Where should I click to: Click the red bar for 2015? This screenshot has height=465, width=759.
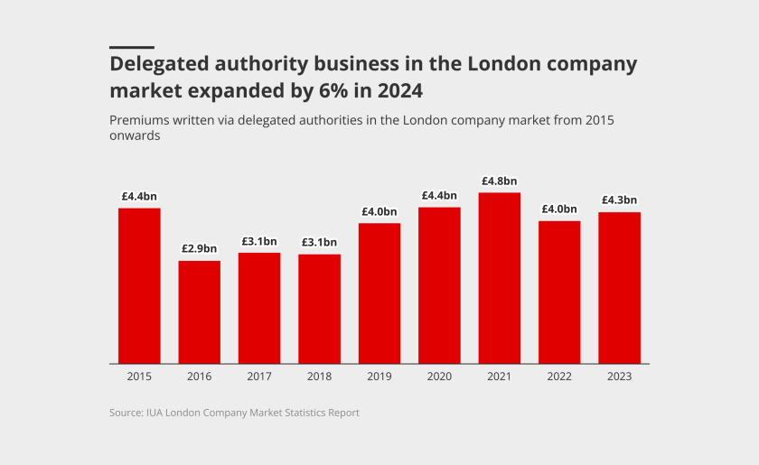pos(139,285)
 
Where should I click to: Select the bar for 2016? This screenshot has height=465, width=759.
pos(199,312)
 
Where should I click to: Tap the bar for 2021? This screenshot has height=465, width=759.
pos(500,278)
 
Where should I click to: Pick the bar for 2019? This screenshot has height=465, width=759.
pos(379,293)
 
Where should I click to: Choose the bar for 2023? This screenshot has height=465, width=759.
pos(619,287)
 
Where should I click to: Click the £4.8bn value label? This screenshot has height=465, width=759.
pos(500,181)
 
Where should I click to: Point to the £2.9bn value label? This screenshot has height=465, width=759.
pos(199,248)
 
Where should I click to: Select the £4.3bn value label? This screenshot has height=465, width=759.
pos(619,200)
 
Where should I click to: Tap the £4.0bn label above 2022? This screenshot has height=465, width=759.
pos(559,209)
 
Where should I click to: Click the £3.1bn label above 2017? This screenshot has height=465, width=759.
pos(259,241)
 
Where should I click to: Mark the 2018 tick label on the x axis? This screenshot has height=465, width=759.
pos(319,377)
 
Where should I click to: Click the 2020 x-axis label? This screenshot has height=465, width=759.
pos(439,377)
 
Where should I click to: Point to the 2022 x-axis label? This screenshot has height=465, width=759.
pos(559,377)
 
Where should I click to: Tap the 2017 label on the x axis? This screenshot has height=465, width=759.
pos(259,377)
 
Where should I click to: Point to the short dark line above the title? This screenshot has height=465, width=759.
pos(132,47)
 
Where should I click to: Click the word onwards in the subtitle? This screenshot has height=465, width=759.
pos(135,136)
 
